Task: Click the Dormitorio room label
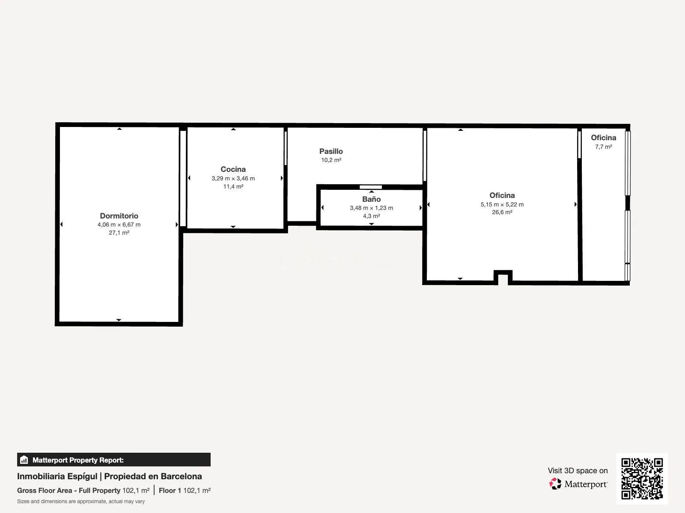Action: pos(119,216)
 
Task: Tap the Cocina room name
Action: pos(233,169)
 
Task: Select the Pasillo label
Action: pos(331,151)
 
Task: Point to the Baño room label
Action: pos(371,199)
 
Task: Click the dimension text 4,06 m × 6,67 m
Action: pos(119,224)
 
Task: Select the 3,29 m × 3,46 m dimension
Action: pos(233,178)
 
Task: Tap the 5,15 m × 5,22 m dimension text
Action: pos(502,205)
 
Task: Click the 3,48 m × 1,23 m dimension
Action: pos(371,208)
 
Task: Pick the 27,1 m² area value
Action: pos(119,233)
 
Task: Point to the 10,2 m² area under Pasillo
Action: pos(331,160)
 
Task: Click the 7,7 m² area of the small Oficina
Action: pos(604,147)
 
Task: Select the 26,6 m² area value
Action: pos(502,212)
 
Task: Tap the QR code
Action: pos(642,479)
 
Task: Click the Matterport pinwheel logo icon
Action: pos(555,484)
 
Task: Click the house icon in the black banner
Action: pos(24,460)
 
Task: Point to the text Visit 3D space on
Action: pos(578,471)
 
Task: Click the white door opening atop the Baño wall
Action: pos(371,187)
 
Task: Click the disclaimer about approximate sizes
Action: pos(81,501)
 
